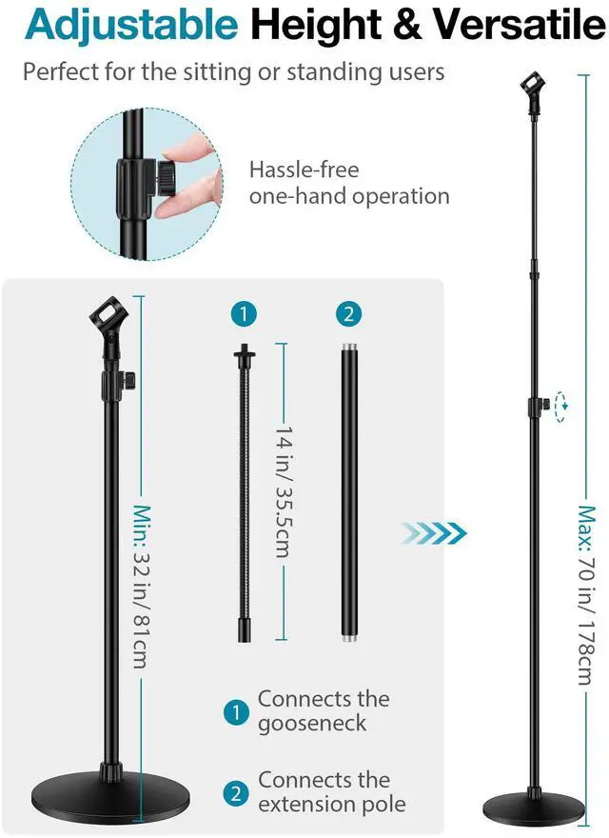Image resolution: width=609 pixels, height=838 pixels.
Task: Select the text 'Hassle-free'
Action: [304, 170]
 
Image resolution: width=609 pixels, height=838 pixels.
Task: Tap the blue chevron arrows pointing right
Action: [434, 530]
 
